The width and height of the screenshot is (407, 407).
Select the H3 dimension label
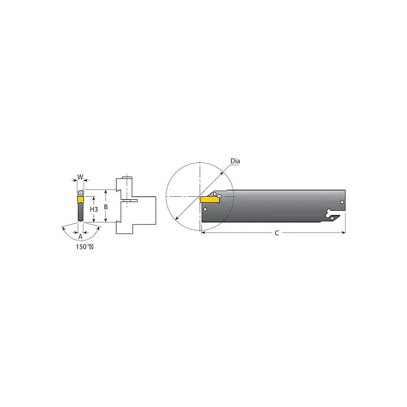point(94,209)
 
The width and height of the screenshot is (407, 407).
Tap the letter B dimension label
point(107,206)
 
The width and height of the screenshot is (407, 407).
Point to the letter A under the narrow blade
point(80,236)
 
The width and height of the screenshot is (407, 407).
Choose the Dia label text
point(235,161)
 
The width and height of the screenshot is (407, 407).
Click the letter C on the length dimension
point(276,233)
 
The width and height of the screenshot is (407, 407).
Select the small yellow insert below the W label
point(80,196)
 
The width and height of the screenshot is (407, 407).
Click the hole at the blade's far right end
point(342,203)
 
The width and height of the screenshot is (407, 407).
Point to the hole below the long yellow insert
point(205,209)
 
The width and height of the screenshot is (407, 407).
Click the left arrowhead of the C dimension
point(203,233)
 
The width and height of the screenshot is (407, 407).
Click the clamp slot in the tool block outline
point(129,201)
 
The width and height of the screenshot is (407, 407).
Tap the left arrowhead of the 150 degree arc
point(63,228)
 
